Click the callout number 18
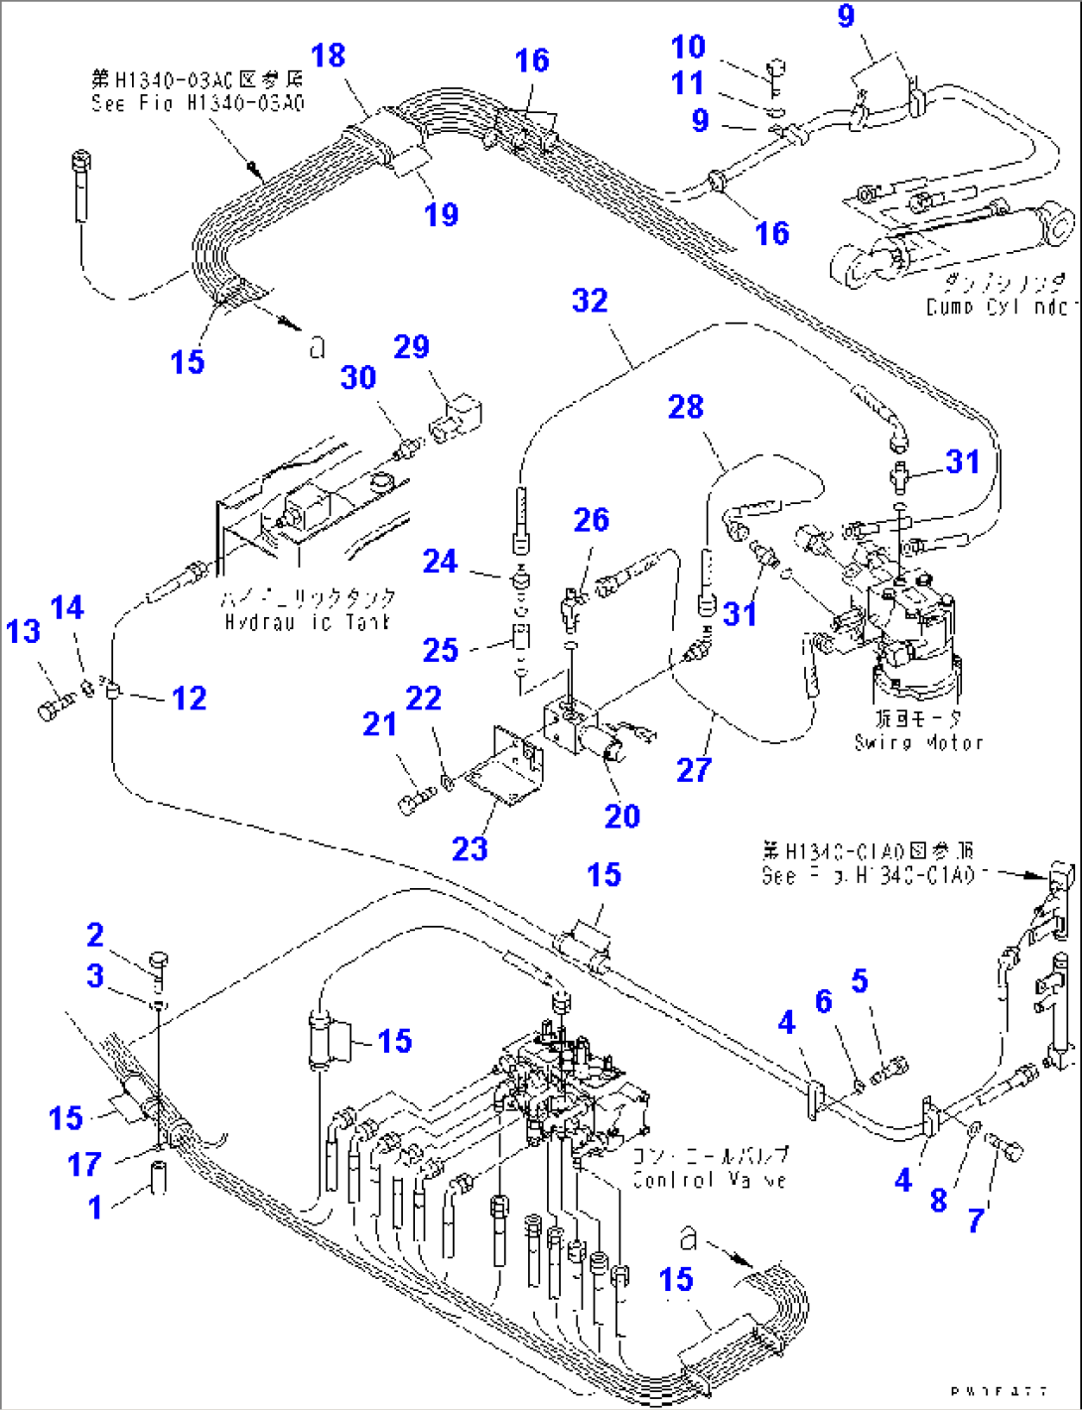point(329,56)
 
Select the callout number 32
point(590,301)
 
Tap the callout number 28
point(685,407)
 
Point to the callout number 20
point(622,816)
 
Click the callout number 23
point(470,848)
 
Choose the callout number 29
point(411,346)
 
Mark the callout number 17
point(84,1163)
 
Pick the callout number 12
point(189,698)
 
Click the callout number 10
point(688,47)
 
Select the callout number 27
point(694,769)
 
